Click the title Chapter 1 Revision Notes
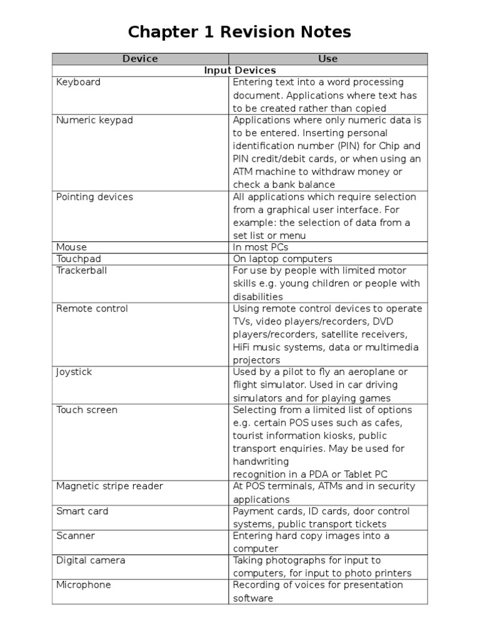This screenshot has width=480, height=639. click(x=240, y=32)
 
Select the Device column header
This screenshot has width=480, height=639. click(x=140, y=59)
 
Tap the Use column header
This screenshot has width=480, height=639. click(x=327, y=59)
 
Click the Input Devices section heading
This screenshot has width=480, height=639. click(x=240, y=71)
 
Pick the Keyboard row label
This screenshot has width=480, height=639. click(x=78, y=82)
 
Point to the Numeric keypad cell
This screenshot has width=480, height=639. click(x=94, y=120)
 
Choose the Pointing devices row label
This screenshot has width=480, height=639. click(x=94, y=197)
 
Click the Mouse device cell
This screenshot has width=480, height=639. click(x=71, y=247)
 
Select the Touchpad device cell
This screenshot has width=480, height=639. click(x=78, y=259)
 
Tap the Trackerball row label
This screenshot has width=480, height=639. click(x=81, y=271)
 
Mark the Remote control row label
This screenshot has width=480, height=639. click(x=92, y=309)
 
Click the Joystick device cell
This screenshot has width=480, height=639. click(x=74, y=372)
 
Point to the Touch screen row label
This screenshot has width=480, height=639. click(x=86, y=410)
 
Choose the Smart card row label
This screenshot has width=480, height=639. click(x=82, y=511)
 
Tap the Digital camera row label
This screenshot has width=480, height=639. click(x=91, y=560)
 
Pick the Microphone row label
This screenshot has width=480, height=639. click(x=83, y=585)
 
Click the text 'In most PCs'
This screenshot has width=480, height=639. click(x=261, y=247)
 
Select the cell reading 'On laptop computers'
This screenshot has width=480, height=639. click(x=282, y=259)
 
